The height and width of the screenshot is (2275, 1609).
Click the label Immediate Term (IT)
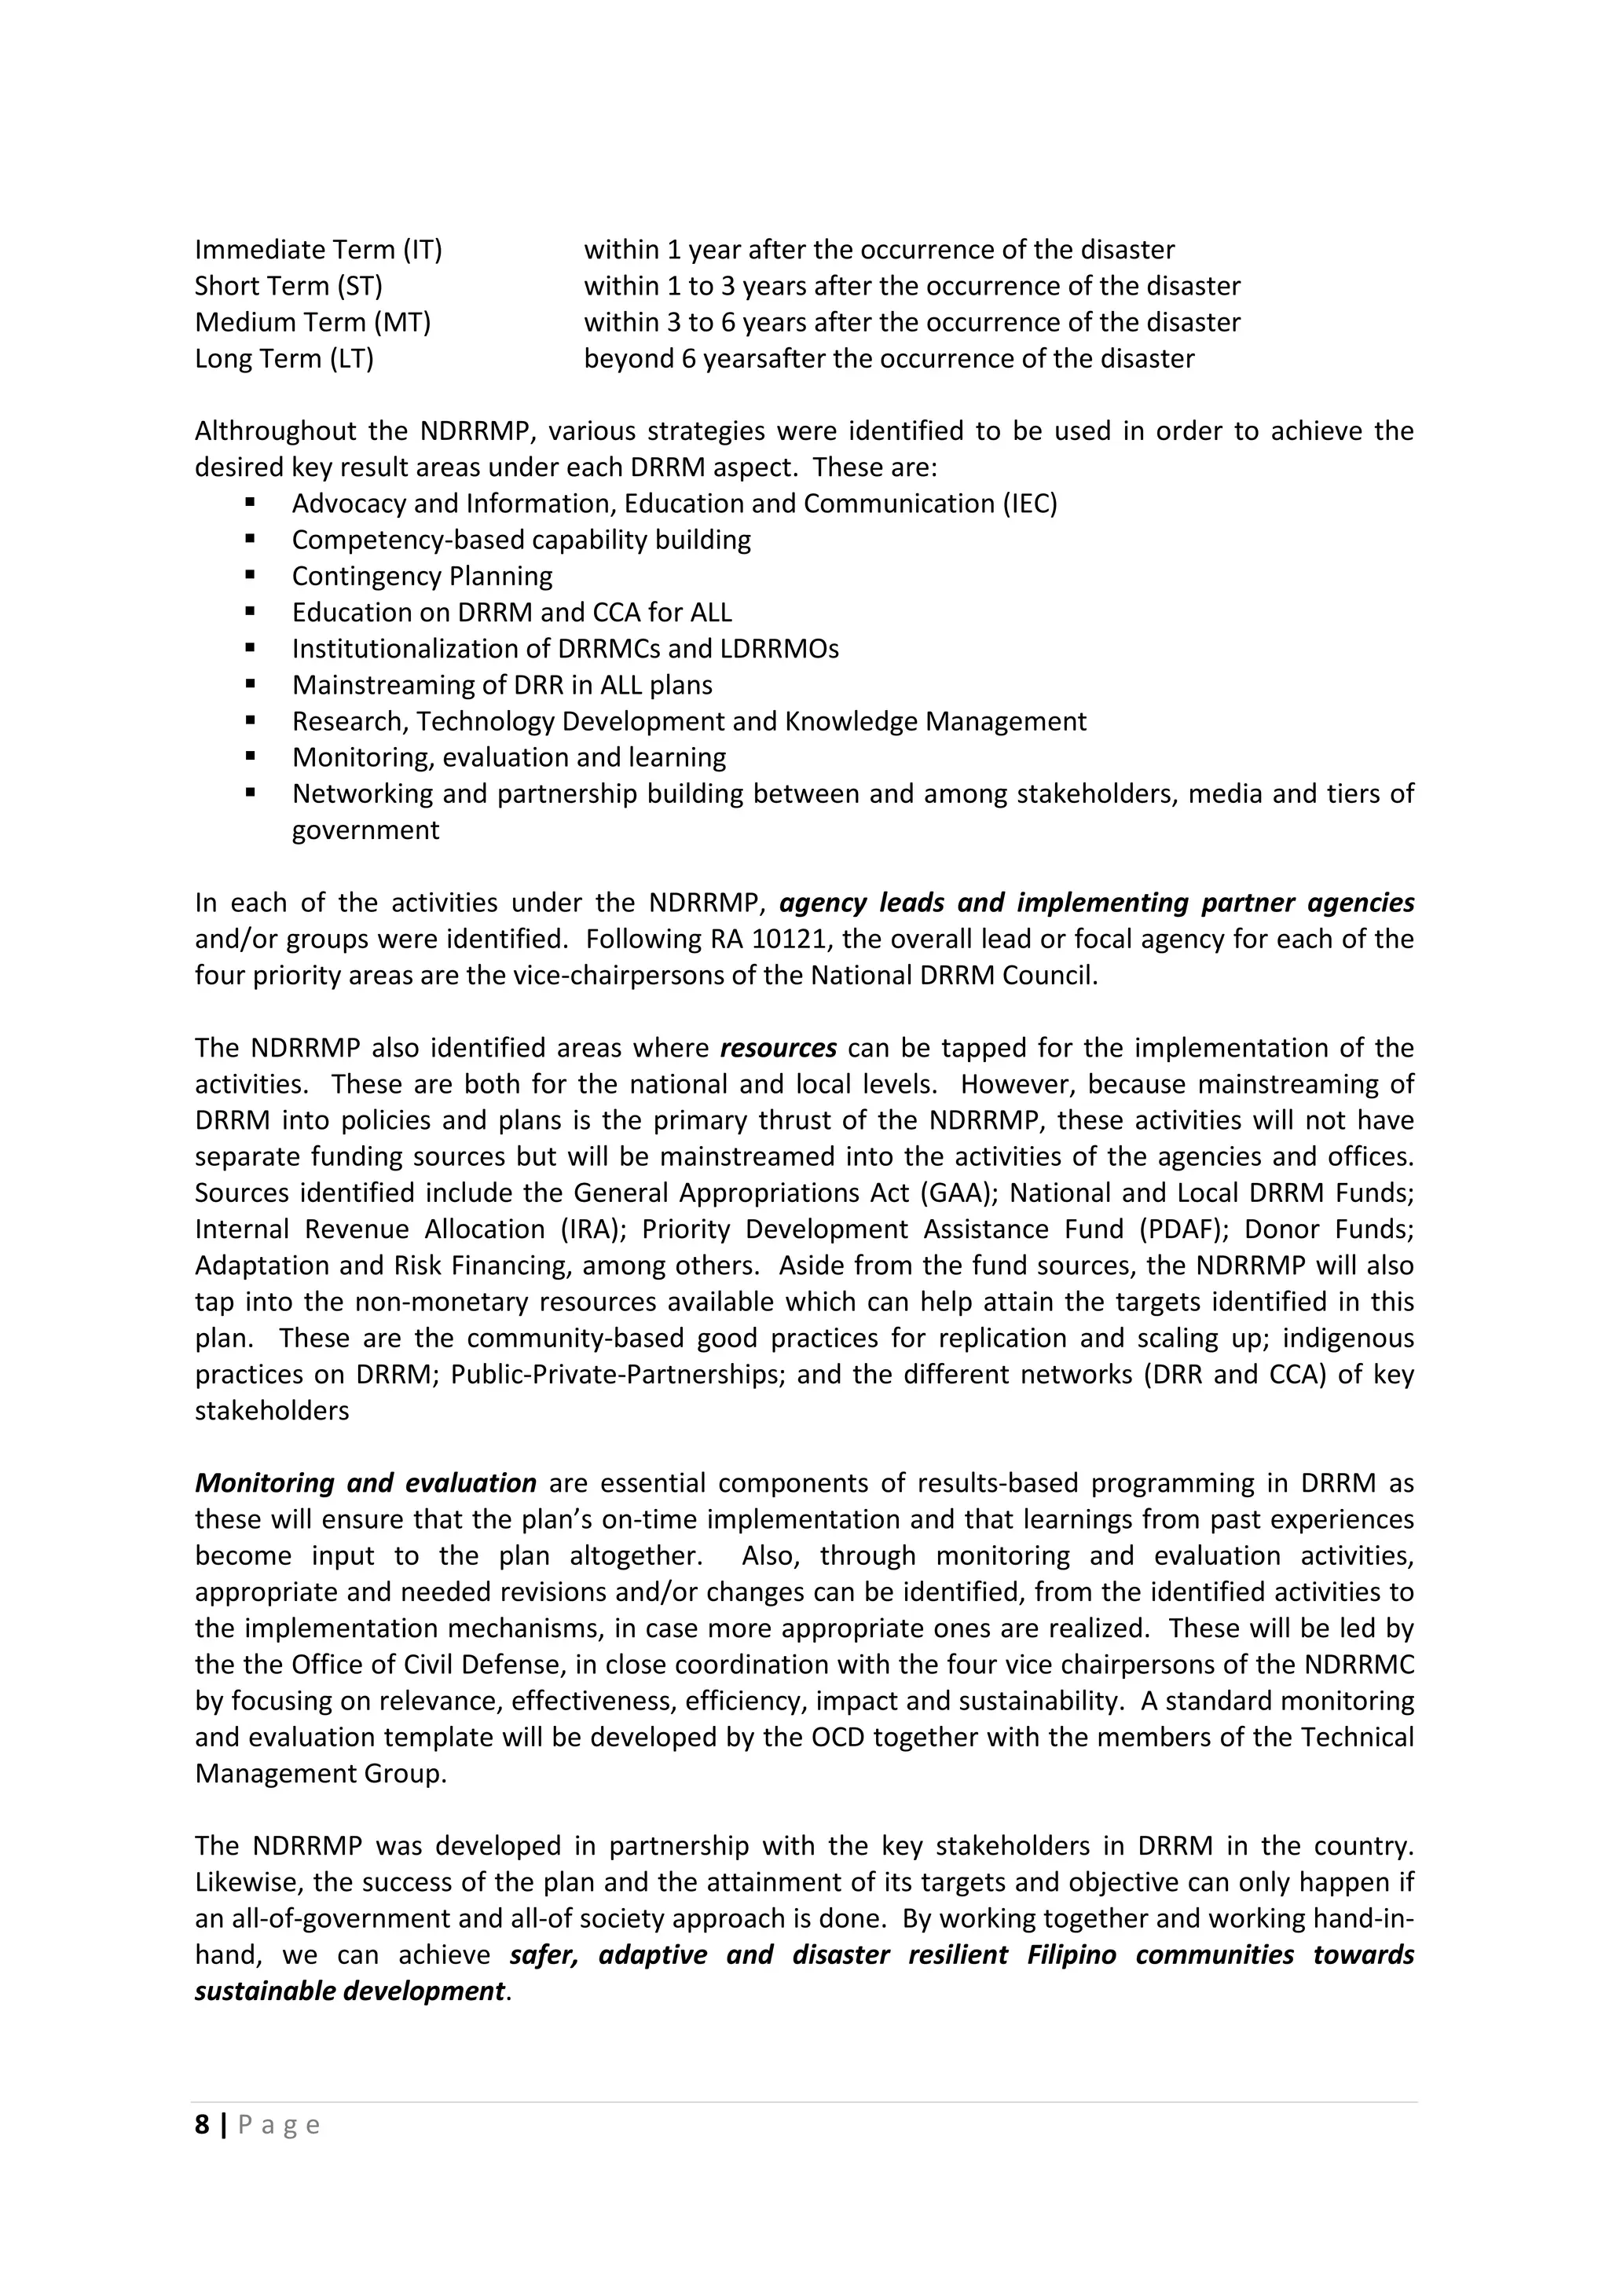(x=318, y=250)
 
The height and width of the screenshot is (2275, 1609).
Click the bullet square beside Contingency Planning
(x=250, y=575)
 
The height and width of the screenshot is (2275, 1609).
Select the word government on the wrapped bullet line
(x=365, y=830)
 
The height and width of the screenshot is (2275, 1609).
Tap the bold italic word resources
(x=778, y=1048)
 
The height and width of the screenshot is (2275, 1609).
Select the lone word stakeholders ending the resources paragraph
(x=272, y=1411)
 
